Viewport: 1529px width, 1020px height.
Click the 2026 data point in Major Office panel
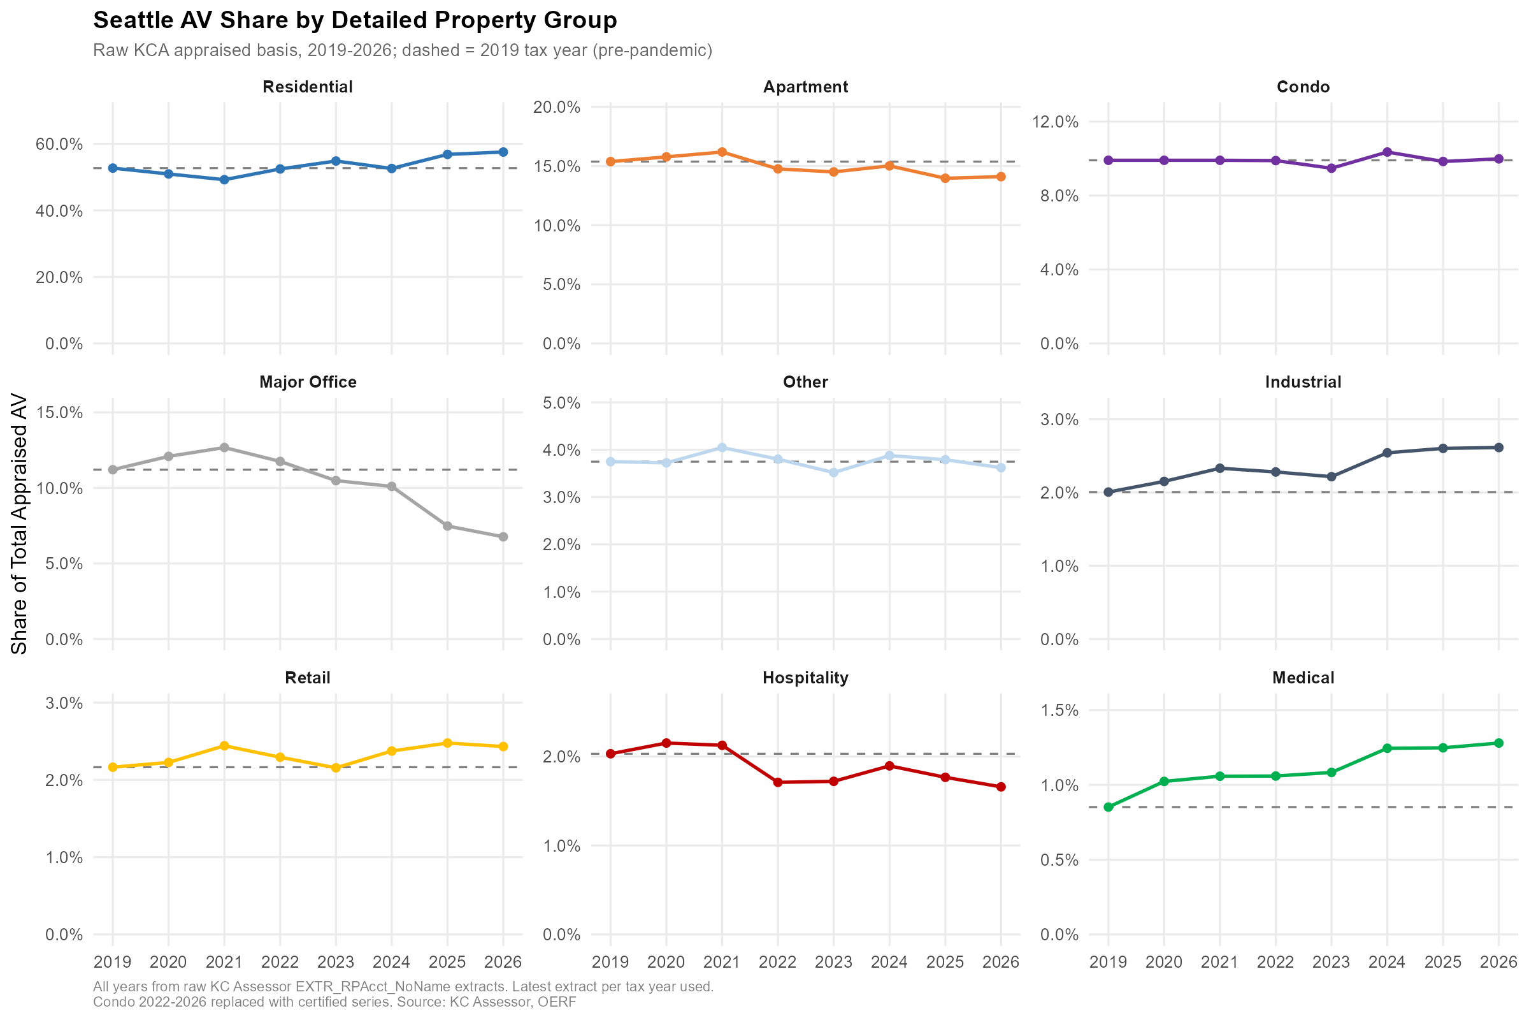(503, 537)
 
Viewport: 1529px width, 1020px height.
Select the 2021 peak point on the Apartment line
(722, 152)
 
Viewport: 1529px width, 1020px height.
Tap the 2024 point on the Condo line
(1388, 152)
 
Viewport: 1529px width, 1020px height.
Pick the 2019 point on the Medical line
(1109, 807)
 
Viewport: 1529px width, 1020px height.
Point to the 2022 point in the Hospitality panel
(777, 783)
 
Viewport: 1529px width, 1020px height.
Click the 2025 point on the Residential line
(447, 154)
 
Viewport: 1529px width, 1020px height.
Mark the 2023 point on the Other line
(833, 472)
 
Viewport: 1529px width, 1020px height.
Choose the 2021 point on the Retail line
(224, 745)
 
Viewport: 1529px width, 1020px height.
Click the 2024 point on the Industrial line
(1388, 453)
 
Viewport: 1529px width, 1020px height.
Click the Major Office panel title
(308, 382)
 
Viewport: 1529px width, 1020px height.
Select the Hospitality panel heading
(805, 678)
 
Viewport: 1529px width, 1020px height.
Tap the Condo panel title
(1303, 87)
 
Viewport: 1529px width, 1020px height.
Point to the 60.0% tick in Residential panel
(59, 144)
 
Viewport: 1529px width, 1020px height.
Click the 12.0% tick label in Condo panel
(1055, 122)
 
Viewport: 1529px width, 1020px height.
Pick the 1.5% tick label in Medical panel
(1059, 710)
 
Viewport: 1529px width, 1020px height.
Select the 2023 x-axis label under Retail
(336, 962)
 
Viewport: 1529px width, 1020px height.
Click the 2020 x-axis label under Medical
(1164, 962)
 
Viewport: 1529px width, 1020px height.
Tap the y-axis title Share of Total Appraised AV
(20, 523)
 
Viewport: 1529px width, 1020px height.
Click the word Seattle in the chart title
(131, 20)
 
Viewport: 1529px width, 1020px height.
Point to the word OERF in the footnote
(557, 1002)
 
